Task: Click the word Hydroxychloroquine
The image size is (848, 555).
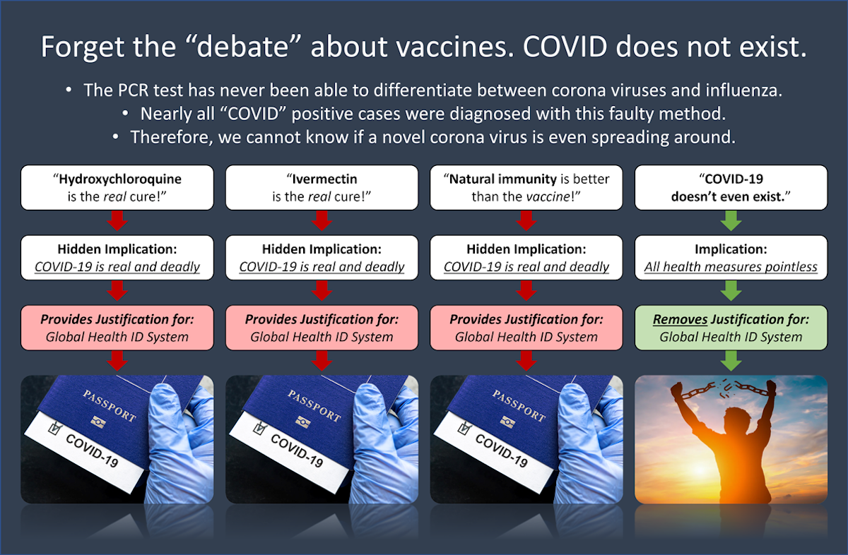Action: pyautogui.click(x=120, y=179)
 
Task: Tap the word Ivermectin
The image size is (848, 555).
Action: pyautogui.click(x=324, y=179)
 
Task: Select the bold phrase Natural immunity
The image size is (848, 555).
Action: pyautogui.click(x=502, y=179)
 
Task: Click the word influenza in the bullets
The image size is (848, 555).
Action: pyautogui.click(x=743, y=90)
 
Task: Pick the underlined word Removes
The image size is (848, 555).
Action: pyautogui.click(x=680, y=319)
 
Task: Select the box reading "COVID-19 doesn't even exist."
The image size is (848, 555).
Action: pyautogui.click(x=731, y=188)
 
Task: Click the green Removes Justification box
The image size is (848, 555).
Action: pyautogui.click(x=731, y=328)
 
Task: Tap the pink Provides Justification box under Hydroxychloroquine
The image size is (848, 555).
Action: pyautogui.click(x=117, y=328)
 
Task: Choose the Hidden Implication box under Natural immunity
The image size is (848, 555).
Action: pyautogui.click(x=526, y=258)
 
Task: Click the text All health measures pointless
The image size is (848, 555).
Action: pyautogui.click(x=731, y=267)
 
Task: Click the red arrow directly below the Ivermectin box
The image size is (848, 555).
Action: pyautogui.click(x=322, y=220)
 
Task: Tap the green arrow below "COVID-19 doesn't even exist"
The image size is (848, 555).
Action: pyautogui.click(x=731, y=220)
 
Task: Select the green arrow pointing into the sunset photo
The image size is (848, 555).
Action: pyautogui.click(x=731, y=361)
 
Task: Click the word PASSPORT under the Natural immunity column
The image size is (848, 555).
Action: pyautogui.click(x=519, y=406)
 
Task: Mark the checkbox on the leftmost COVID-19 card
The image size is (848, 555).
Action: pyautogui.click(x=55, y=429)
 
